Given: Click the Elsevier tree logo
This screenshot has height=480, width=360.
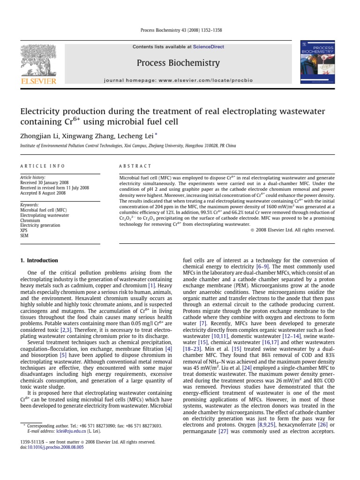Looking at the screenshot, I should pyautogui.click(x=37, y=60).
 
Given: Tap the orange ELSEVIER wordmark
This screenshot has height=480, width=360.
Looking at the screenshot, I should pyautogui.click(x=37, y=82).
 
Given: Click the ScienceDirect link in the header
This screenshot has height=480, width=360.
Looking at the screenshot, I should pyautogui.click(x=209, y=47).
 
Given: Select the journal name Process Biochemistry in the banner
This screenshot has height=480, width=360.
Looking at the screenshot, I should pyautogui.click(x=178, y=63).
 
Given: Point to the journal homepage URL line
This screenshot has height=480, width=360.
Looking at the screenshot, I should pyautogui.click(x=178, y=80).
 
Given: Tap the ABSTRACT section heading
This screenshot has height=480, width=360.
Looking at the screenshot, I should pyautogui.click(x=135, y=166).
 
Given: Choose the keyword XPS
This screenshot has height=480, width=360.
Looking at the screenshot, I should pyautogui.click(x=23, y=231).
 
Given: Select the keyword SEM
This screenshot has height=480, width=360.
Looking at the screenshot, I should pyautogui.click(x=24, y=236).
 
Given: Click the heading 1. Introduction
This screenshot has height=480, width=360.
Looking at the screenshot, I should pyautogui.click(x=39, y=260).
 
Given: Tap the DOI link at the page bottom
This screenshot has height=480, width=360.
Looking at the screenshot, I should pyautogui.click(x=52, y=447).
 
